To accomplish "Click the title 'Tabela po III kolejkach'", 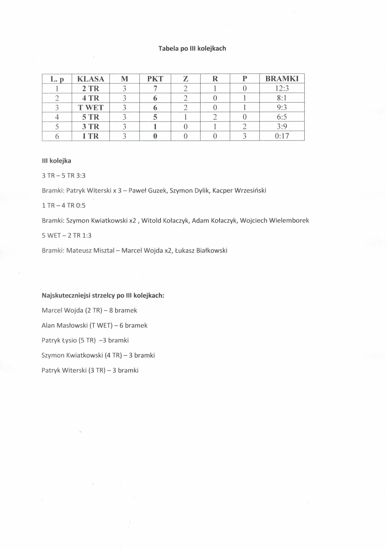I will (x=192, y=49).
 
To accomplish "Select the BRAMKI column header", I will (x=282, y=79).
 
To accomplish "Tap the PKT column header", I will (x=155, y=79).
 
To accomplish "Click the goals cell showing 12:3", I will (x=282, y=88).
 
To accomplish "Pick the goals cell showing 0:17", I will (x=282, y=136).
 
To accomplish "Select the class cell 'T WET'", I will (x=91, y=108).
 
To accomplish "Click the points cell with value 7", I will (x=155, y=88).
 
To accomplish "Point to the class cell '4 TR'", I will (x=91, y=98).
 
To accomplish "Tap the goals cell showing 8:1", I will (x=282, y=98).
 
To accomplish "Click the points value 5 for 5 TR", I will (x=155, y=117).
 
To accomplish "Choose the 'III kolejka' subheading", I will (x=56, y=161).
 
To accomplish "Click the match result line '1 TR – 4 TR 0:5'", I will (x=64, y=206).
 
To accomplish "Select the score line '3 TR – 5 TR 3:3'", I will (x=64, y=176).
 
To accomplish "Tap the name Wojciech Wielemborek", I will (x=275, y=221).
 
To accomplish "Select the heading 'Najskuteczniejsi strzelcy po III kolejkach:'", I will (x=103, y=295).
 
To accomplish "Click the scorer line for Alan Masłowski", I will (x=94, y=326).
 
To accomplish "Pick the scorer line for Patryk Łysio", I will (x=85, y=340).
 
